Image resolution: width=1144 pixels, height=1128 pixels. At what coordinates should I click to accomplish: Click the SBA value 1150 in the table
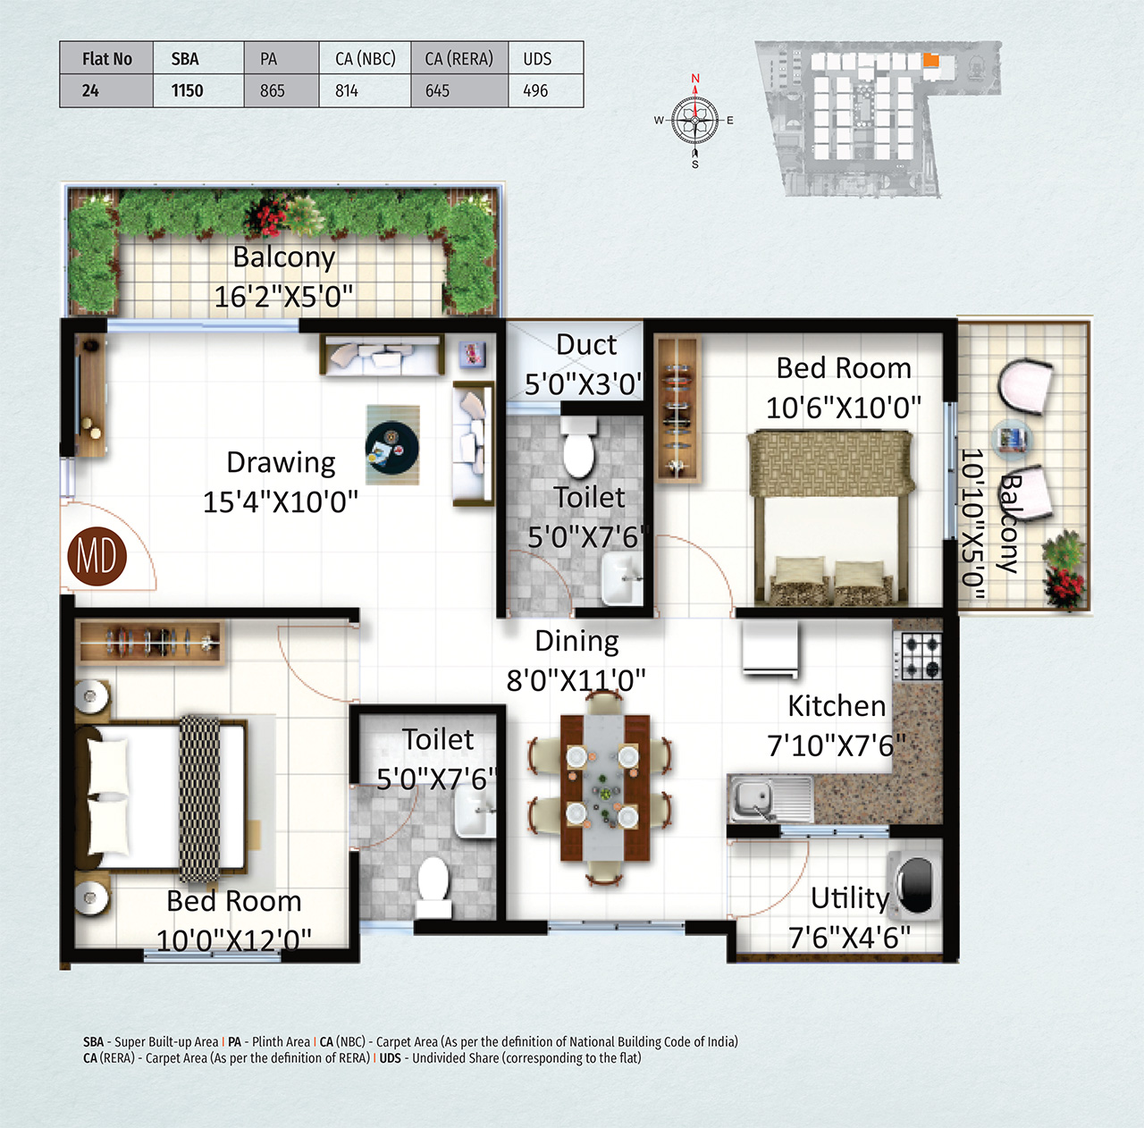[x=187, y=90]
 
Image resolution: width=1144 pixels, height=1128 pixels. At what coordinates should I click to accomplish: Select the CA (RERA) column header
[x=458, y=59]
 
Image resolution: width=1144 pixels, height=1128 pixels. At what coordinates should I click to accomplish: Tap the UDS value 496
[x=535, y=90]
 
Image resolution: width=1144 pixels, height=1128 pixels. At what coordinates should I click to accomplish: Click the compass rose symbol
[x=694, y=121]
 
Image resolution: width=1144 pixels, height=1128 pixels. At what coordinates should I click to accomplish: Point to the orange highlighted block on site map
[x=930, y=61]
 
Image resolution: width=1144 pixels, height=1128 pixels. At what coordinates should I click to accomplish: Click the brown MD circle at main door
[x=97, y=556]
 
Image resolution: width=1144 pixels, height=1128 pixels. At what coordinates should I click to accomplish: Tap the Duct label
[x=585, y=345]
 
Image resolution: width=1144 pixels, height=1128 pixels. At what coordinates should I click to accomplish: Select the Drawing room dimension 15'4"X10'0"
[x=280, y=501]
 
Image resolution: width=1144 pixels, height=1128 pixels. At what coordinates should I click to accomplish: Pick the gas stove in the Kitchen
[x=921, y=657]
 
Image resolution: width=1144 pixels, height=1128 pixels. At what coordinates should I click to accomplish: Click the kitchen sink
[x=753, y=796]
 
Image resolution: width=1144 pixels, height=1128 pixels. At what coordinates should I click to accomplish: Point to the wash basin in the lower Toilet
[x=474, y=812]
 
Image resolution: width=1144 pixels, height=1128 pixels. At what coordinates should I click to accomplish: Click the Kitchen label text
[x=836, y=706]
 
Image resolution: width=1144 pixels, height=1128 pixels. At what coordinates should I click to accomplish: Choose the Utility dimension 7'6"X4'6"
[x=848, y=938]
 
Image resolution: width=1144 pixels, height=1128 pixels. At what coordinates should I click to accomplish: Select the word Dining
[x=576, y=641]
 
